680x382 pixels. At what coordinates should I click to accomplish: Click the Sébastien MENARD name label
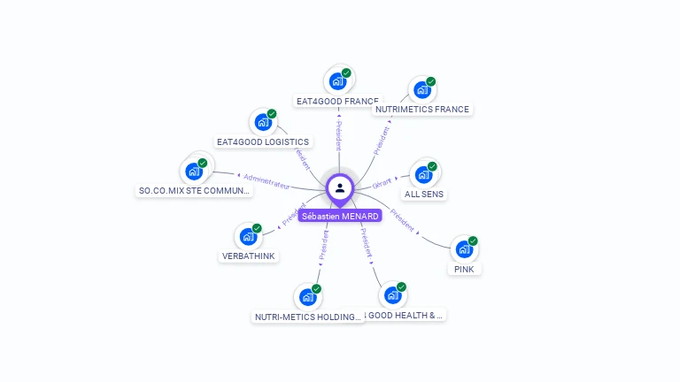click(x=340, y=216)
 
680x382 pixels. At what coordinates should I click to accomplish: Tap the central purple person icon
click(x=340, y=187)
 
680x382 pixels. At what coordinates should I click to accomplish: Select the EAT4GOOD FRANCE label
click(x=336, y=102)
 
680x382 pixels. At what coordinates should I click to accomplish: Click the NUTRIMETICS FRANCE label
click(x=422, y=110)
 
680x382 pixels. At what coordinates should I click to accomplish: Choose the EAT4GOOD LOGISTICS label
click(x=264, y=141)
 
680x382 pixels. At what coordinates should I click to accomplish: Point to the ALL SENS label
click(x=424, y=194)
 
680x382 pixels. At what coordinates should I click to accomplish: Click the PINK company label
click(x=464, y=269)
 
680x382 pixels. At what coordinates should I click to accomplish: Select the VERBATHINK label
click(x=249, y=256)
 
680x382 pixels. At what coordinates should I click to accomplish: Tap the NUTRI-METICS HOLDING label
click(x=308, y=317)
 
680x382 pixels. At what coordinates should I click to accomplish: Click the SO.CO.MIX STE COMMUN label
click(x=195, y=190)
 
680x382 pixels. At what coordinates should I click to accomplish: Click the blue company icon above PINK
click(x=464, y=249)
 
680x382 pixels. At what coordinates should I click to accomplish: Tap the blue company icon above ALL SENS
click(x=423, y=174)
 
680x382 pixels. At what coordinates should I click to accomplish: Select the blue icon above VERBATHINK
click(x=248, y=237)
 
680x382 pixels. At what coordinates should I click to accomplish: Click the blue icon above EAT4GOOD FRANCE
click(x=337, y=81)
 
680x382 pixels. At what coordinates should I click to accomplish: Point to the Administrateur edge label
click(x=266, y=180)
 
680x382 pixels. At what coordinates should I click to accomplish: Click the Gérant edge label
click(x=382, y=183)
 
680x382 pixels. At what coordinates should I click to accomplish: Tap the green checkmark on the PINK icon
click(x=473, y=241)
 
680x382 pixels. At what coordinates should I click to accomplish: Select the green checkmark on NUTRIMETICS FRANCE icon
click(x=430, y=82)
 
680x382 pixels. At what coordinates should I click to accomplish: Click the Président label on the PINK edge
click(x=403, y=220)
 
